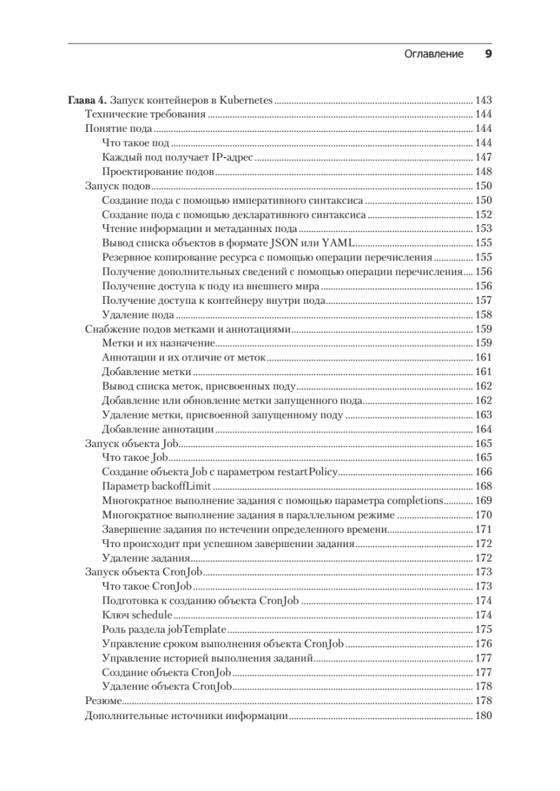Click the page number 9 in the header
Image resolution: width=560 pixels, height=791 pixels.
488,54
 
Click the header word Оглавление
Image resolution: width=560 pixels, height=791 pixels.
433,55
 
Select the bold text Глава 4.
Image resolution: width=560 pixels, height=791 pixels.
87,100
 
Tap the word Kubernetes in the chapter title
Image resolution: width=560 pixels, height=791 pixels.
246,100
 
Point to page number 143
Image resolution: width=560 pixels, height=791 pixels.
483,100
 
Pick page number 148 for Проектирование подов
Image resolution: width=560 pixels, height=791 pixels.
483,172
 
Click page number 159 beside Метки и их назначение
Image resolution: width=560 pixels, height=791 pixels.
483,343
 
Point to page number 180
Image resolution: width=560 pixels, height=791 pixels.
483,716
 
